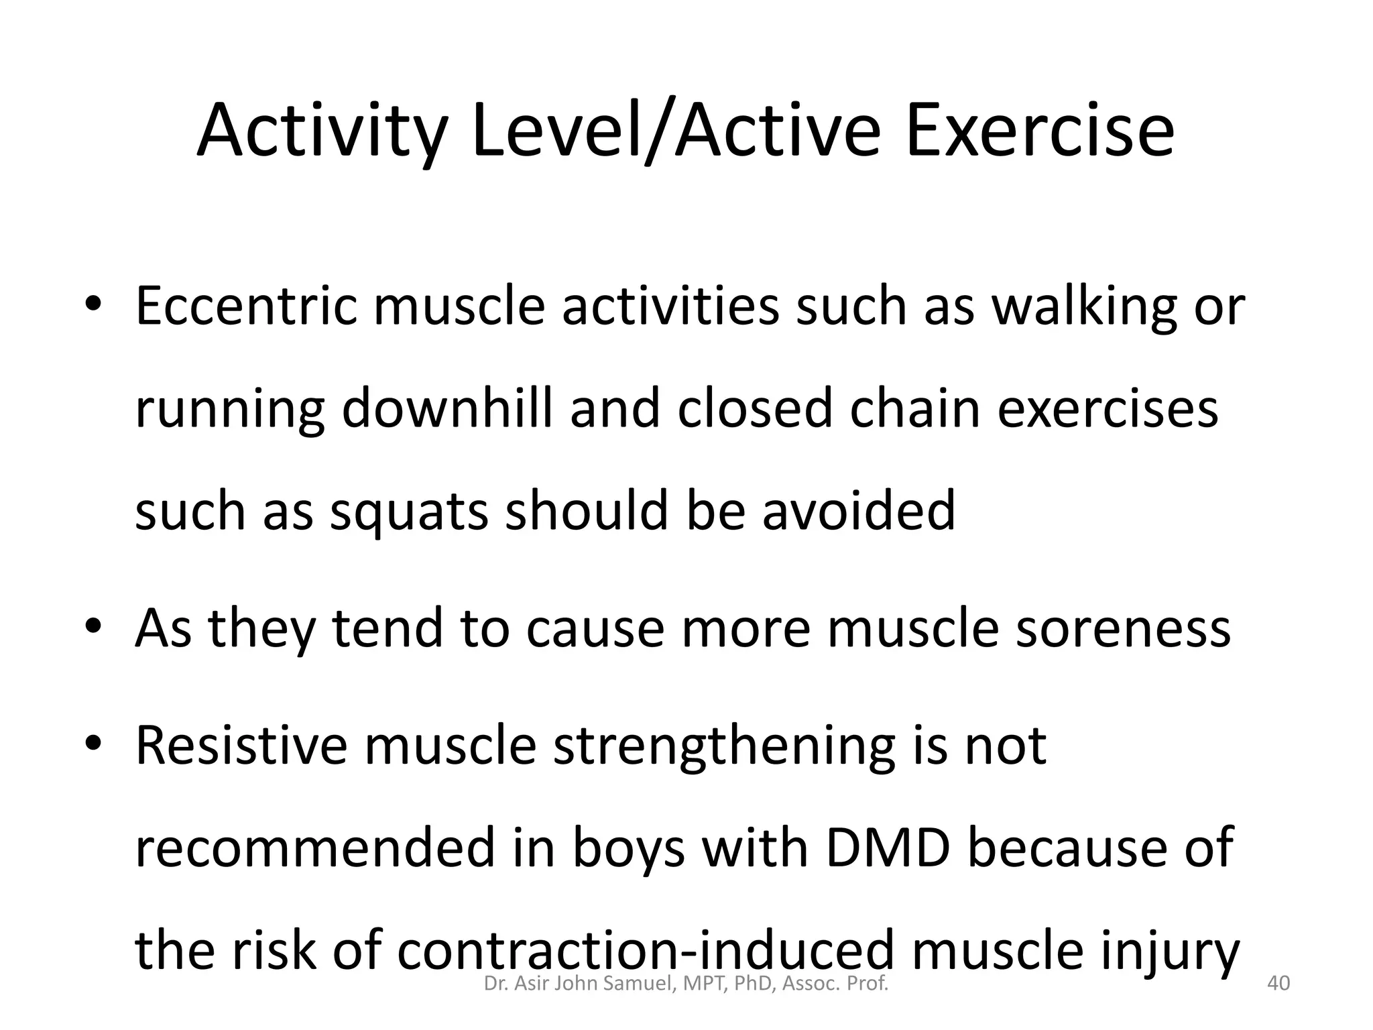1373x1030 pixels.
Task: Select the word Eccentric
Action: (x=246, y=306)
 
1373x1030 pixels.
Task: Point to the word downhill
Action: (x=447, y=408)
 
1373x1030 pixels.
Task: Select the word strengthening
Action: (x=724, y=746)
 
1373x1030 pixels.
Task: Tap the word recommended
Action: (x=312, y=848)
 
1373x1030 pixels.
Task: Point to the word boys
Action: (x=628, y=848)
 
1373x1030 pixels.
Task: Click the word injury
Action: (x=1165, y=951)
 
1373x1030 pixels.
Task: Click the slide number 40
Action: (x=1278, y=984)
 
